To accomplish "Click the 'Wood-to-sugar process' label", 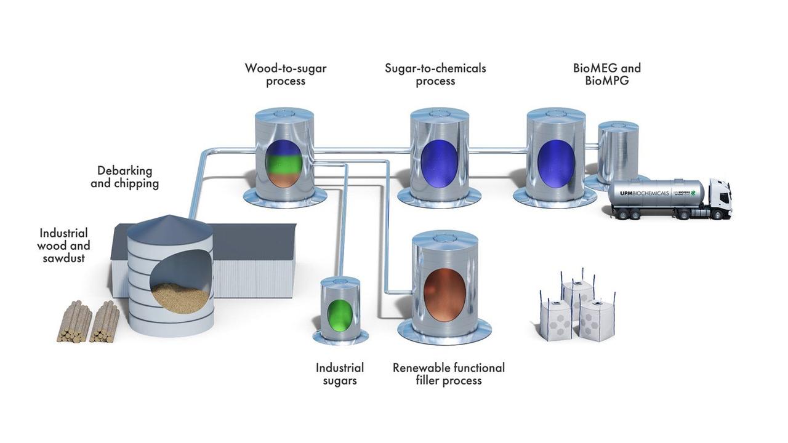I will coord(286,74).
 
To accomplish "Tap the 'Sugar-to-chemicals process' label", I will coord(435,74).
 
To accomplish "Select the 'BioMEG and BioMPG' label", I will coord(606,74).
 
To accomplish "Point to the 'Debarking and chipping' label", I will coord(124,177).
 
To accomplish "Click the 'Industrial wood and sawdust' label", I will coord(64,245).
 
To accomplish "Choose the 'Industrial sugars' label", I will coord(340,374).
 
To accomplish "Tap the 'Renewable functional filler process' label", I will coord(449,374).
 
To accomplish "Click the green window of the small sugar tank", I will coord(340,314).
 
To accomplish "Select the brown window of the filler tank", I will coord(444,295).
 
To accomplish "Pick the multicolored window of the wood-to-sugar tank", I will coord(284,163).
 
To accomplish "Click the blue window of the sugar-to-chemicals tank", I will coord(439,163).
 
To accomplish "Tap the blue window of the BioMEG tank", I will coord(556,163).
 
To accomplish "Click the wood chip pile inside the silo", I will coord(180,298).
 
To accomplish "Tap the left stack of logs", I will coord(74,322).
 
